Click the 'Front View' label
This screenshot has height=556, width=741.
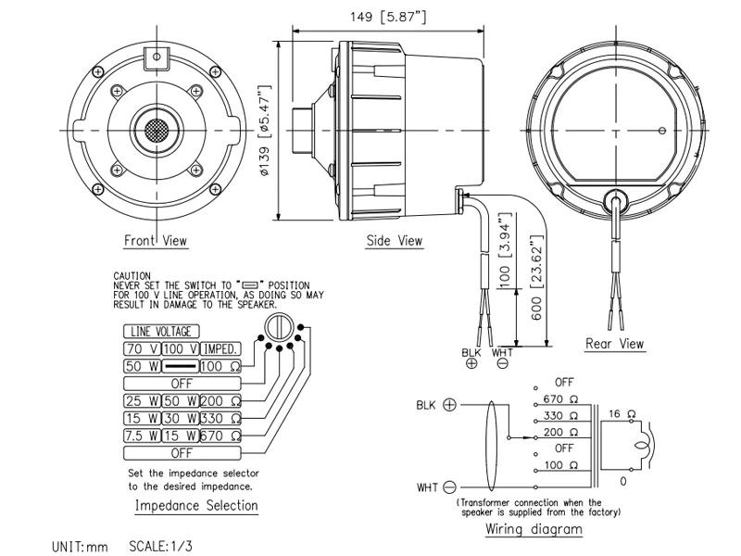coord(156,241)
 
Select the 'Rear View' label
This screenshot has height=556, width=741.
coord(614,344)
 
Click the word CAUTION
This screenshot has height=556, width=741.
coord(132,276)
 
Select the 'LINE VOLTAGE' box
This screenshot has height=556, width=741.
coord(161,332)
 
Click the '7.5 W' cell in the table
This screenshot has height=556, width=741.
coord(141,436)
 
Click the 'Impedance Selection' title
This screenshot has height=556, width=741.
coord(196,506)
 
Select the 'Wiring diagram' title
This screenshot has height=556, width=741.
coord(534,529)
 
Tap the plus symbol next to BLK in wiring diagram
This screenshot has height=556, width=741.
coord(450,405)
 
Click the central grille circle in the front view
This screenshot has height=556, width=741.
coord(156,128)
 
